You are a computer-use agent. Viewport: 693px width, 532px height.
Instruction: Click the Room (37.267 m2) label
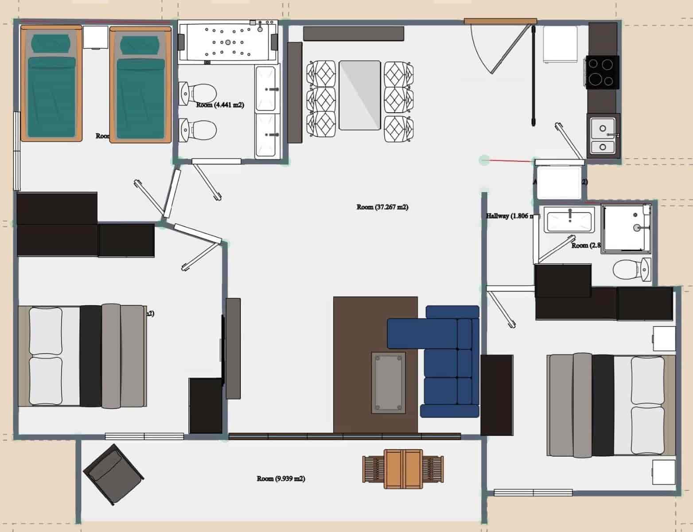coord(382,207)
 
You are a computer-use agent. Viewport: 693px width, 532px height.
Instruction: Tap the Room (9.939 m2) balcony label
coord(281,479)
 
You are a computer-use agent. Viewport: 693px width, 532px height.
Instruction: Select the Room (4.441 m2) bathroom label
coord(220,105)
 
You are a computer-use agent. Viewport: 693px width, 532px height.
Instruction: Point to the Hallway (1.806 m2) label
coord(512,216)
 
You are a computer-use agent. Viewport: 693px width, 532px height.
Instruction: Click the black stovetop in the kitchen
coord(603,72)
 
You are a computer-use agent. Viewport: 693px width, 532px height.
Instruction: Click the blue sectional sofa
coord(448,359)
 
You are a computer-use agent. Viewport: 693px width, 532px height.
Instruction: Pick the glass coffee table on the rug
coord(388,382)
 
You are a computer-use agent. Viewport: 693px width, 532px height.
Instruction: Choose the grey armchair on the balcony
coord(113,473)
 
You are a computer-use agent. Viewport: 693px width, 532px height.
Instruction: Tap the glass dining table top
coord(359,95)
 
